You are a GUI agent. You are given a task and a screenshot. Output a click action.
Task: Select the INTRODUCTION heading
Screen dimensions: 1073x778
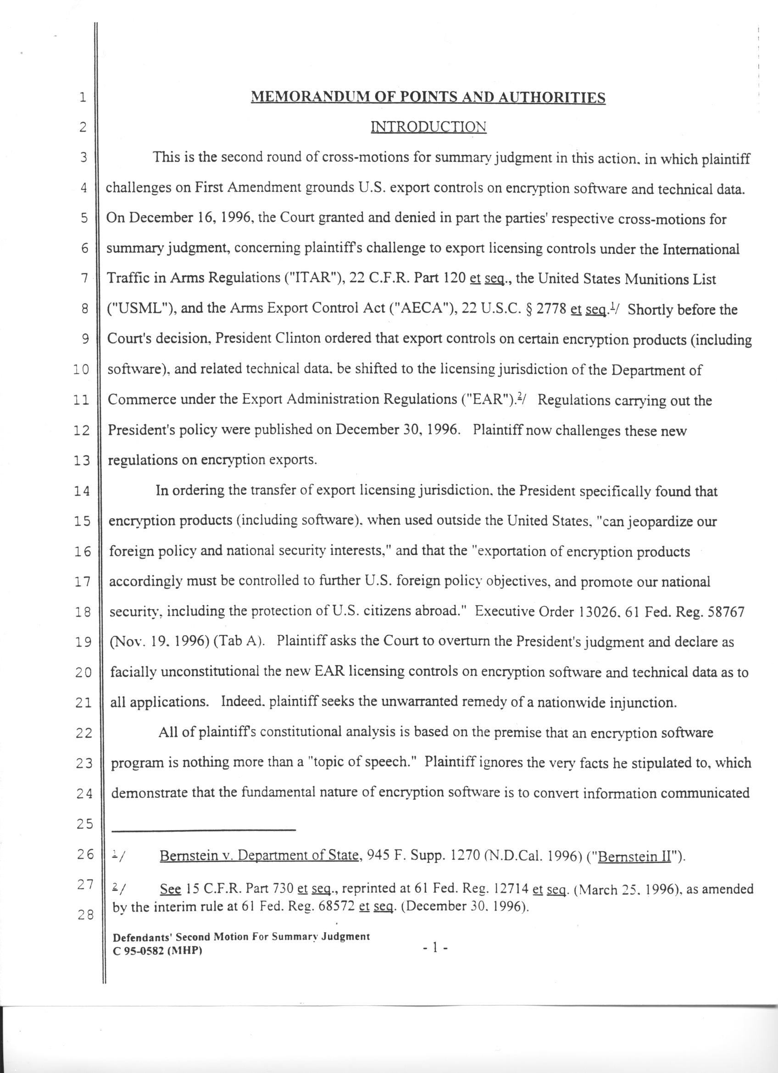pyautogui.click(x=428, y=127)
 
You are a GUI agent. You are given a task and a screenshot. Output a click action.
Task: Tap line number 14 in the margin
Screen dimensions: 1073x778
pyautogui.click(x=82, y=492)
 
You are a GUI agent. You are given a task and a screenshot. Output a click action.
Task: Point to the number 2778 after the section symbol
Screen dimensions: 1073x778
pyautogui.click(x=549, y=309)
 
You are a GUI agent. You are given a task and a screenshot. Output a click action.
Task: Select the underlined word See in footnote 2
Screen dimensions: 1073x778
pyautogui.click(x=170, y=890)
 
